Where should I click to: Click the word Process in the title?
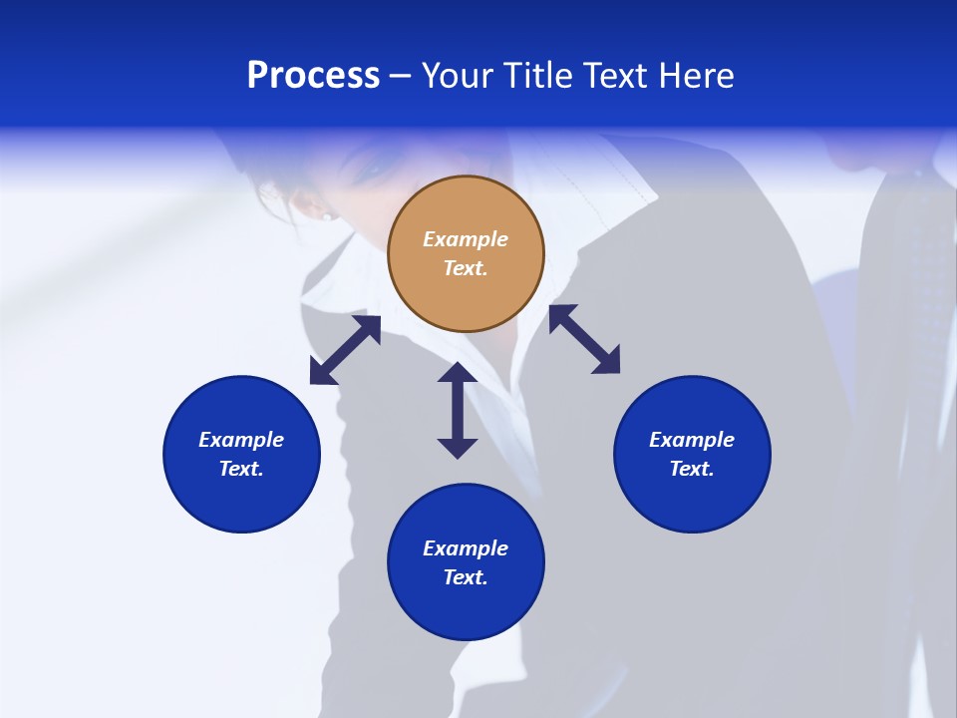(313, 76)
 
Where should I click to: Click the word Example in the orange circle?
(466, 239)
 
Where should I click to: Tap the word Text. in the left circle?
(241, 469)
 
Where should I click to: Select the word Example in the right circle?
(692, 440)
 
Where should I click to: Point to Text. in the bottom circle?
(466, 577)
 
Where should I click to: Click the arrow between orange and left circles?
(345, 350)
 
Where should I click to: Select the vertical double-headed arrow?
(458, 410)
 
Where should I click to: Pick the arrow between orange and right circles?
(585, 339)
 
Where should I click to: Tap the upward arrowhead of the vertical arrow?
(458, 373)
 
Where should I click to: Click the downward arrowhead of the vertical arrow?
(458, 447)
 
